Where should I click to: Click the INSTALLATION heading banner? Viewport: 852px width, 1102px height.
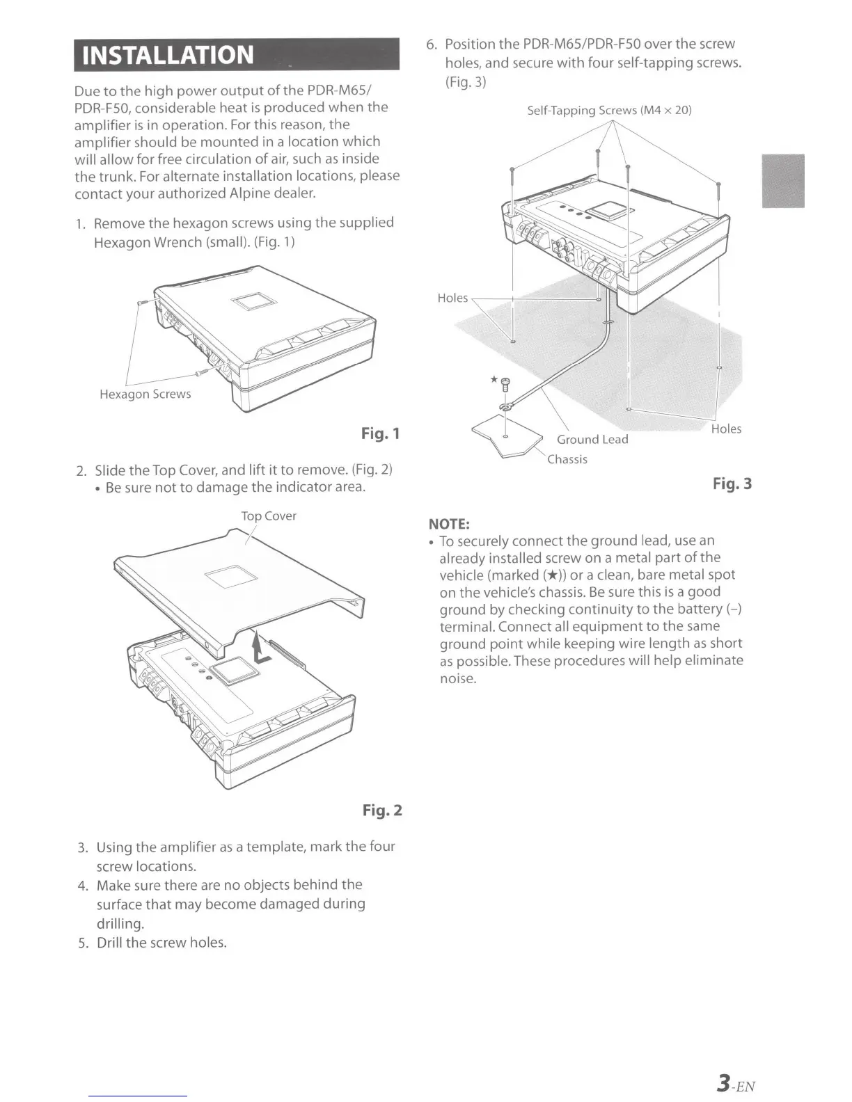tap(237, 54)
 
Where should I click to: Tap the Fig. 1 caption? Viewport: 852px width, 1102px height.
tap(381, 433)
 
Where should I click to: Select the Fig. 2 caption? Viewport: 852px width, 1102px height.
tap(382, 810)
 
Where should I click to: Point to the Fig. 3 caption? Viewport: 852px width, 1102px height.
tap(732, 484)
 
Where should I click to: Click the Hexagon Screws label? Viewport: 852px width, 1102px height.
tap(145, 394)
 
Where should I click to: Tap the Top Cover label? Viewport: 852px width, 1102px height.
tap(268, 516)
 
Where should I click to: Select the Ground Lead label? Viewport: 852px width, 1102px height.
tap(592, 439)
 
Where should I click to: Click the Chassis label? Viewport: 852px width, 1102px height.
tap(567, 459)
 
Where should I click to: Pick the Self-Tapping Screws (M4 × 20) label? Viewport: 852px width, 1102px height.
tap(609, 110)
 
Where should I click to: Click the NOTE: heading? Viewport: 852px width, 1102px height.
tap(449, 523)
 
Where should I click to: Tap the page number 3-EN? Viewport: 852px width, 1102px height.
tap(736, 1084)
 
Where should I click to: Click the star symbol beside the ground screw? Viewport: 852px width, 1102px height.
tap(494, 379)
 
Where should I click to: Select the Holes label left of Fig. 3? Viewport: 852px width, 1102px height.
tap(452, 298)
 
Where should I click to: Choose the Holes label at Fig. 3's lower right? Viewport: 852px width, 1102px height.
tap(726, 429)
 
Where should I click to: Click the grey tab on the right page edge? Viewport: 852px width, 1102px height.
tap(783, 181)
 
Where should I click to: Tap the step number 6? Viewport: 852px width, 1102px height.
tap(431, 45)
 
